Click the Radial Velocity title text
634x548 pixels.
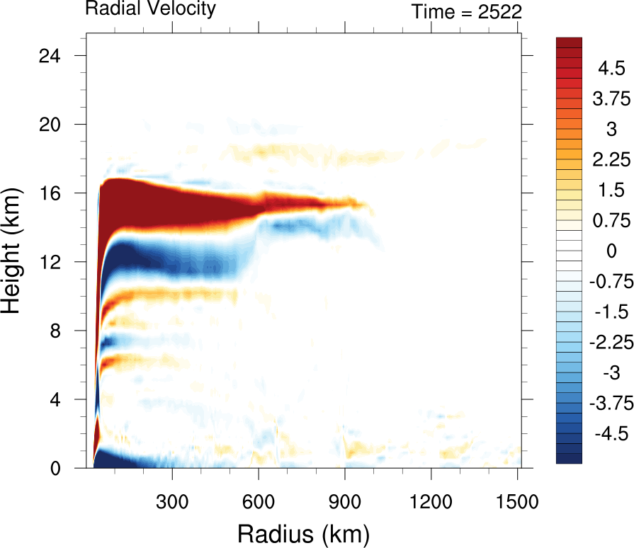coord(150,9)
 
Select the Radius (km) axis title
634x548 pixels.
coord(303,532)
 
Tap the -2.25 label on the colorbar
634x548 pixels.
coord(608,342)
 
